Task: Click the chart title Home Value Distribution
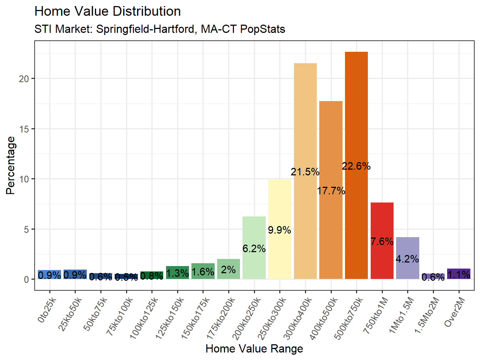point(107,11)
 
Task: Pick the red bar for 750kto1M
point(382,221)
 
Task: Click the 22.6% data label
point(356,166)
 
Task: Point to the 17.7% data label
point(331,191)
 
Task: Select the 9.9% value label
point(280,230)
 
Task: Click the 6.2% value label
point(254,249)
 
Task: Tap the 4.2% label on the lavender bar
point(407,259)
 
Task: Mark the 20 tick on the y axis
point(24,79)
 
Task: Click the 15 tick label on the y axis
point(24,129)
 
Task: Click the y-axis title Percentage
point(11,165)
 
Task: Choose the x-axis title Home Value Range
point(254,349)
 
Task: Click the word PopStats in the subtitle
point(263,29)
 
